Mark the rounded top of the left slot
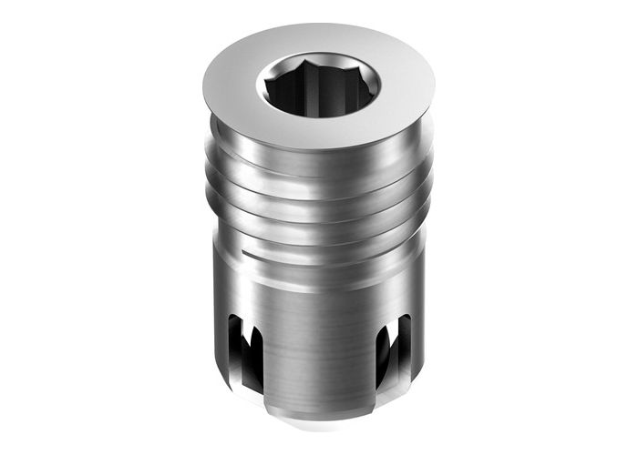[x=240, y=318]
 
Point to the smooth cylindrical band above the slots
[x=314, y=287]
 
